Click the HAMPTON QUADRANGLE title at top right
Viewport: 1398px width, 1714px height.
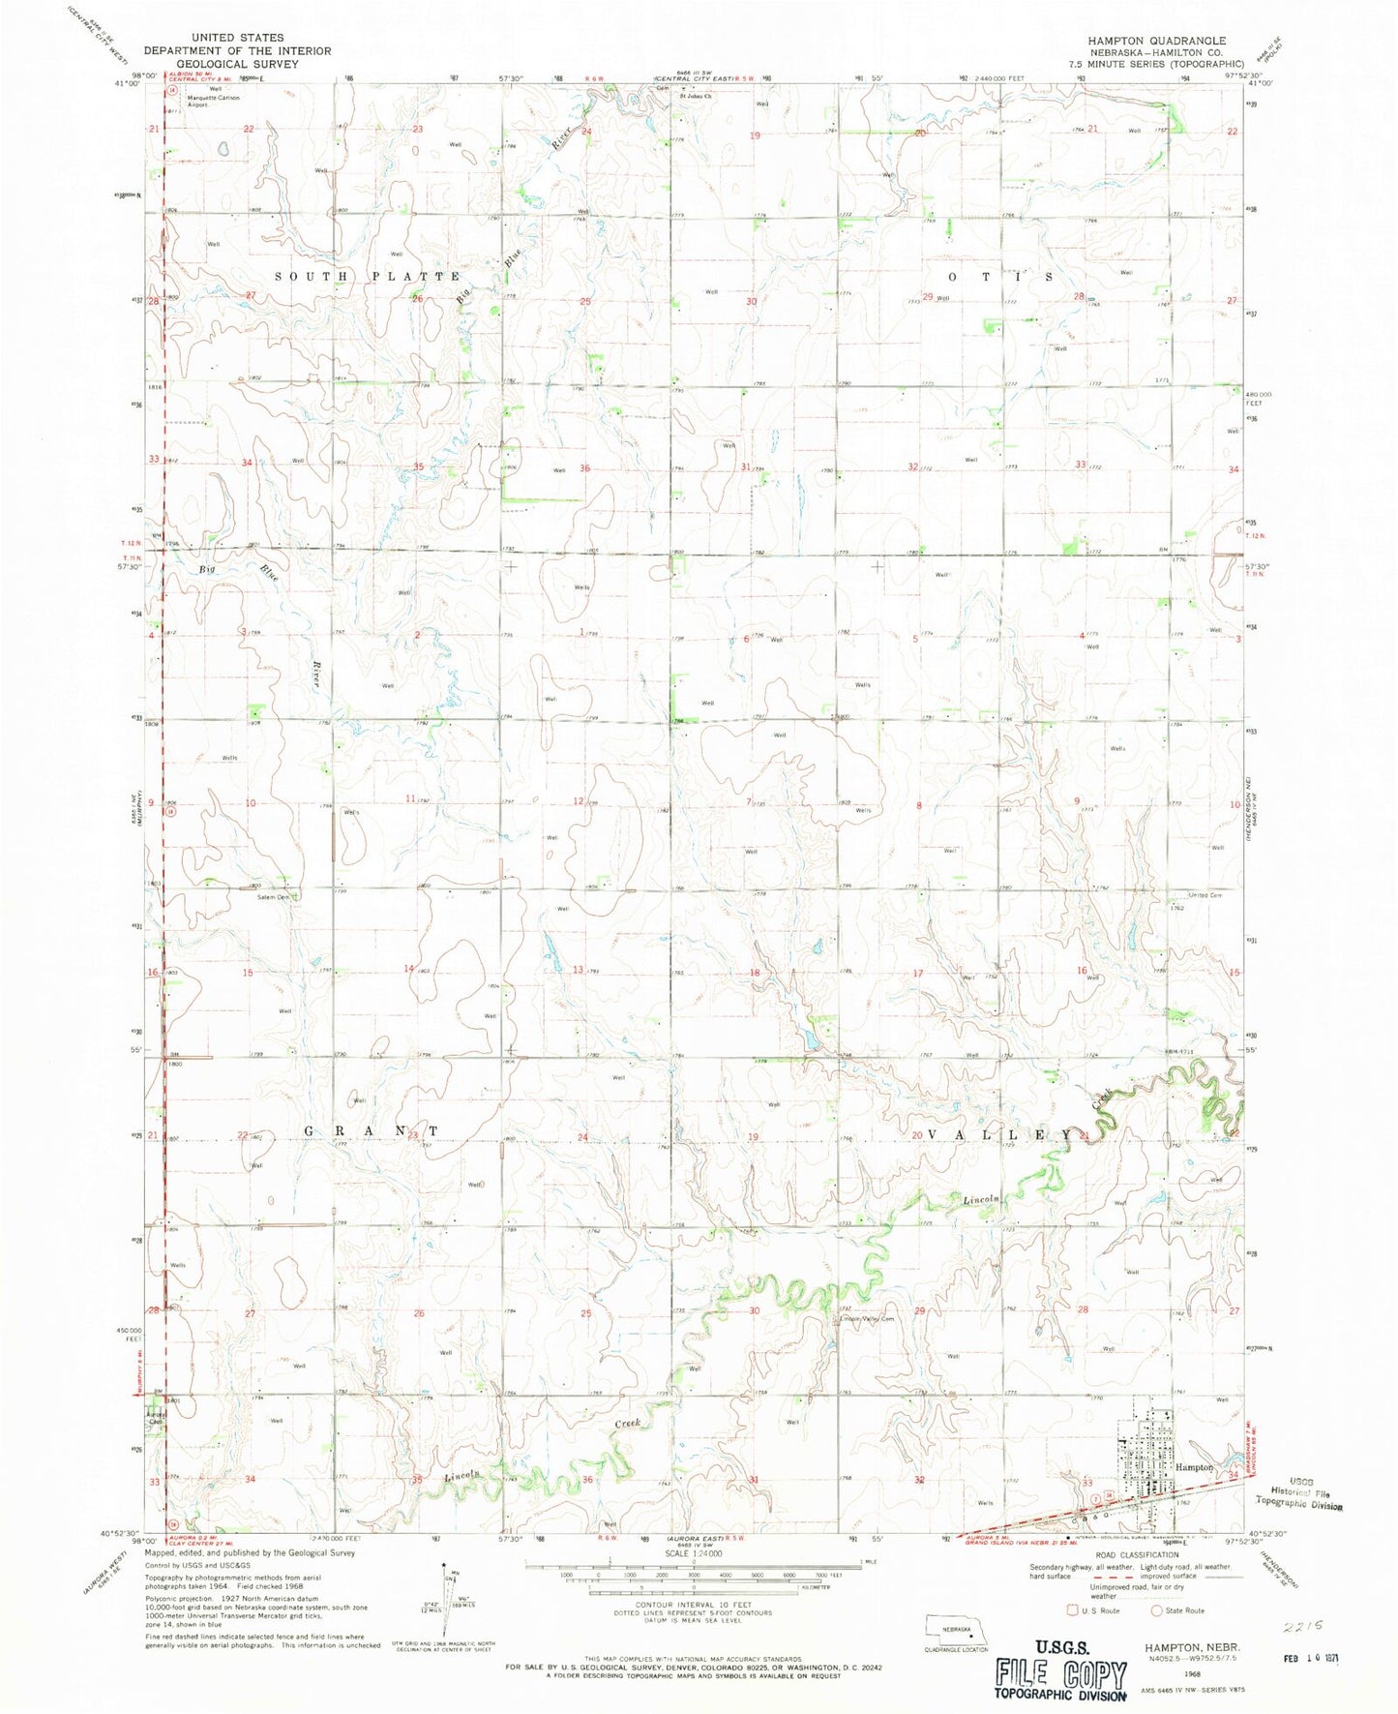pyautogui.click(x=1143, y=41)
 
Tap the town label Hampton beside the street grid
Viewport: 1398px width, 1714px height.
pyautogui.click(x=1193, y=1467)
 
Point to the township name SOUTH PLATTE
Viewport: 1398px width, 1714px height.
pyautogui.click(x=368, y=276)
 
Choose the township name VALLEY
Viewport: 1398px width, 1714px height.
pyautogui.click(x=1000, y=1133)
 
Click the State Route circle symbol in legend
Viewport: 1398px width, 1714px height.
pyautogui.click(x=1155, y=1611)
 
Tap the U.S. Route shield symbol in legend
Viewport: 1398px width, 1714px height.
pyautogui.click(x=1071, y=1611)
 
